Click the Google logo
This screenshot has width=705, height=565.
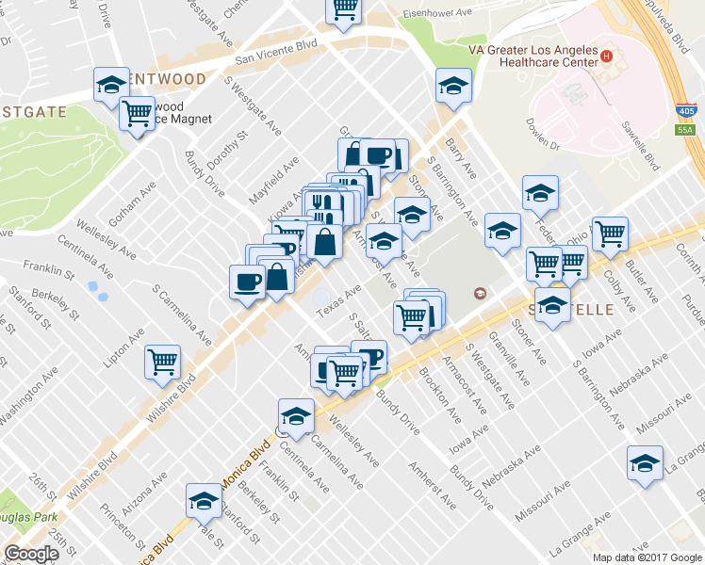31,554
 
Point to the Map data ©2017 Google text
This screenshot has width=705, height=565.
648,557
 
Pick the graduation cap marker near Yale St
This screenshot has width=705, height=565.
203,500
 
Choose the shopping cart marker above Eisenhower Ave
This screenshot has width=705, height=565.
344,9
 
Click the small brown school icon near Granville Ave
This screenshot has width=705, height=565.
480,294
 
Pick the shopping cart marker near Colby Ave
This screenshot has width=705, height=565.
610,234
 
